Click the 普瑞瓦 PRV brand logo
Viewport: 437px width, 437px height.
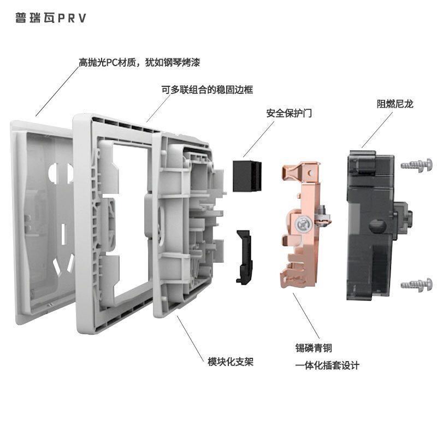pyautogui.click(x=50, y=18)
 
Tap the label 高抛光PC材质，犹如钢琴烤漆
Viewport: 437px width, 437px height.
pyautogui.click(x=139, y=62)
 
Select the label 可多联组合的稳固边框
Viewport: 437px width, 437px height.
pyautogui.click(x=207, y=90)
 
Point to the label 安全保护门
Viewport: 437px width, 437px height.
pyautogui.click(x=289, y=113)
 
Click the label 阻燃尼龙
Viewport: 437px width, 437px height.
pyautogui.click(x=395, y=104)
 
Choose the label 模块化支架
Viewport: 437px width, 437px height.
pyautogui.click(x=231, y=362)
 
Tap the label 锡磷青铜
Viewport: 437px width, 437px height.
pyautogui.click(x=314, y=348)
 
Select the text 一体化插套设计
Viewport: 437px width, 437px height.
pyautogui.click(x=327, y=365)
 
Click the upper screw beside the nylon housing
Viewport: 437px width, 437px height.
pyautogui.click(x=417, y=166)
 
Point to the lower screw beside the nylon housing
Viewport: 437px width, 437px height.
pyautogui.click(x=417, y=285)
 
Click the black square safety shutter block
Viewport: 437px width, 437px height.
pyautogui.click(x=247, y=176)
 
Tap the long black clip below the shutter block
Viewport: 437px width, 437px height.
pyautogui.click(x=244, y=257)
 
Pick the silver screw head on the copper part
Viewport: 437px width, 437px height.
pyautogui.click(x=304, y=225)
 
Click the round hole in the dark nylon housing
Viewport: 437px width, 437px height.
pyautogui.click(x=377, y=226)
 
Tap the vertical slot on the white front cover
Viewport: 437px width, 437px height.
pyautogui.click(x=63, y=234)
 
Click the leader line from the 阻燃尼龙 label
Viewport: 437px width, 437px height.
pyautogui.click(x=377, y=130)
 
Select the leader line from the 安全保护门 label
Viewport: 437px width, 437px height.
pyautogui.click(x=258, y=139)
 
